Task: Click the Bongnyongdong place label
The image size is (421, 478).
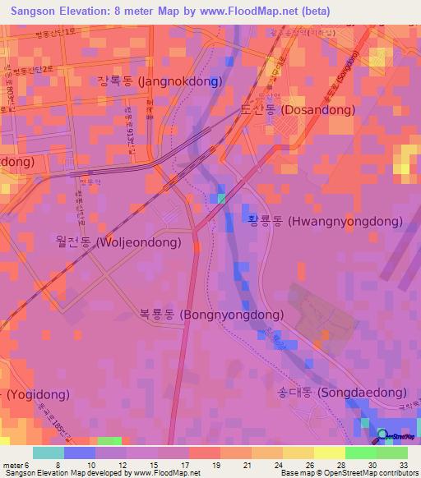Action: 212,315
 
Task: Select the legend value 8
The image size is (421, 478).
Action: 58,464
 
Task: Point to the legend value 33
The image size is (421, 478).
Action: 404,464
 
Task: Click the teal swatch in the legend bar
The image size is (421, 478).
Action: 48,453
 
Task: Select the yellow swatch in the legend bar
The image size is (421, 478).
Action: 329,453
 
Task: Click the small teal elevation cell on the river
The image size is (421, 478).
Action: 221,198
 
